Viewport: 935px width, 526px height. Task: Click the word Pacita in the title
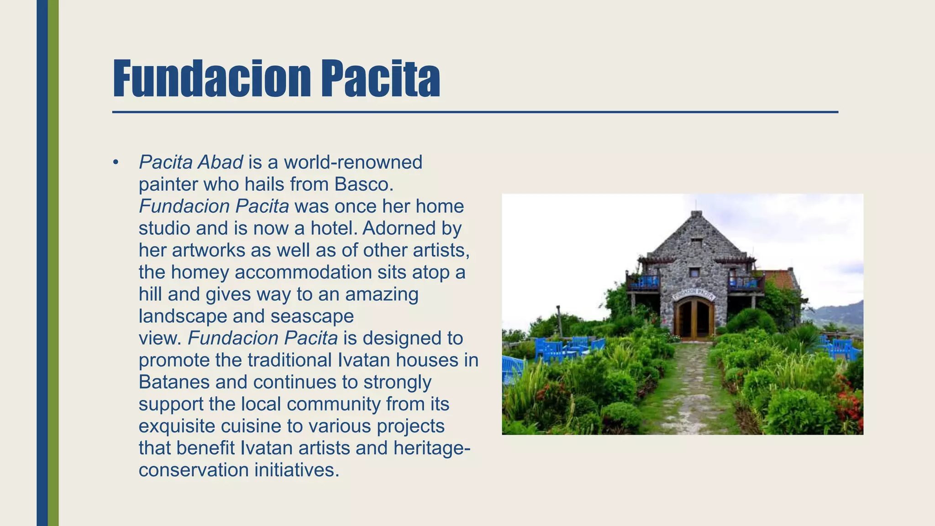click(380, 79)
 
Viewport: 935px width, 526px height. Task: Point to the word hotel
click(331, 228)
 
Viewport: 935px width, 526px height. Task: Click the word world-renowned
click(353, 163)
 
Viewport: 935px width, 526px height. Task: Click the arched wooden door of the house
click(694, 319)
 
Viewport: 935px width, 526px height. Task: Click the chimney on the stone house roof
click(696, 214)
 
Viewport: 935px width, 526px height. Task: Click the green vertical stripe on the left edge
click(53, 263)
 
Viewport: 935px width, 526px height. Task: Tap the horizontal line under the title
click(475, 112)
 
